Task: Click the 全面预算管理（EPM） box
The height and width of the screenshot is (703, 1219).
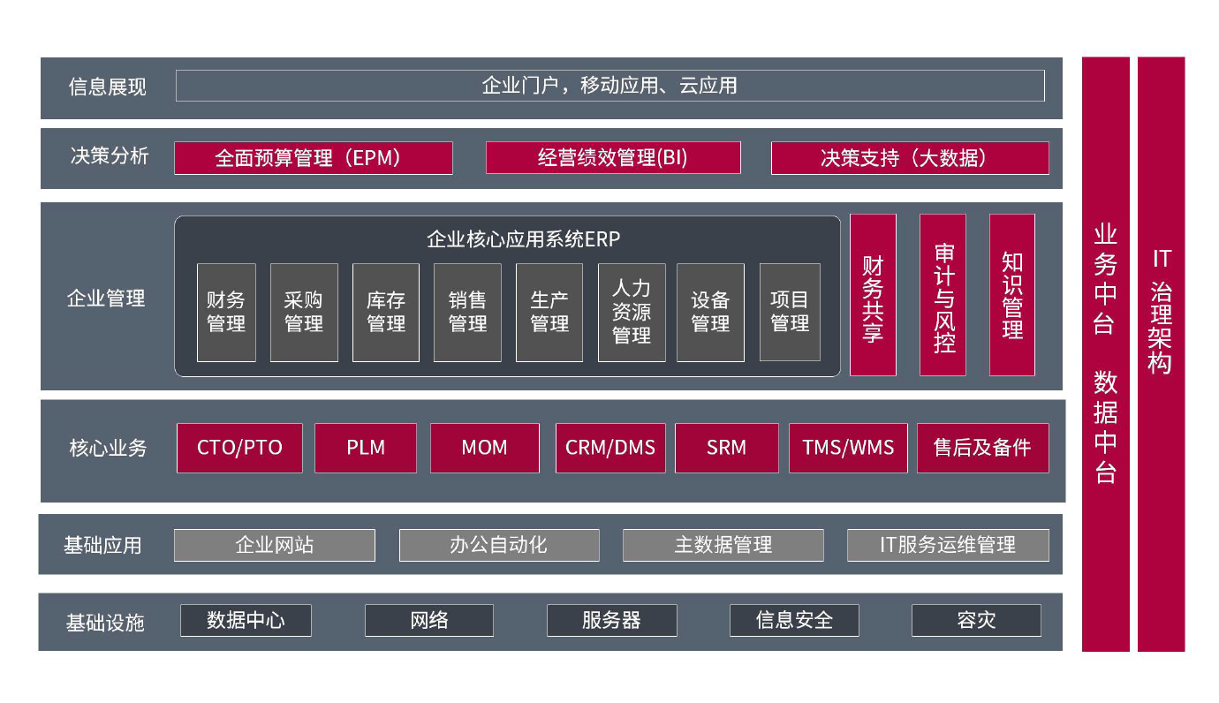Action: coord(314,158)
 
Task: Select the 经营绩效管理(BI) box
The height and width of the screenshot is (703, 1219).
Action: coord(613,158)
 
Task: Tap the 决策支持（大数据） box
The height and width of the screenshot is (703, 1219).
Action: coord(910,158)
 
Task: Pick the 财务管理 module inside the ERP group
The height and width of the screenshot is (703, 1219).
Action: coord(226,312)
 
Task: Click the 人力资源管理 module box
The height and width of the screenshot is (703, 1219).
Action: coord(632,312)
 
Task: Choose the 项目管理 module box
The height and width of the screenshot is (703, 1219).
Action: coord(790,312)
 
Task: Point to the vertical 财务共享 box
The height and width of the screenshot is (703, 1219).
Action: coord(873,295)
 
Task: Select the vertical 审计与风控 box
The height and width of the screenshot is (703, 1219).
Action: coord(943,295)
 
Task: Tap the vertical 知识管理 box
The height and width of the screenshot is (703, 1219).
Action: coord(1012,295)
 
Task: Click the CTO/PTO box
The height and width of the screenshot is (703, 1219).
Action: coord(239,448)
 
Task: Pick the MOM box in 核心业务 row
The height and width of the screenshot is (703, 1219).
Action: coord(485,448)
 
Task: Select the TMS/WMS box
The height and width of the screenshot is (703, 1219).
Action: coord(848,448)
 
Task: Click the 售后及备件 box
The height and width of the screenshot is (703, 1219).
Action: coord(982,448)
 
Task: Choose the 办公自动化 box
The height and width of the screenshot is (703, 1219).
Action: coord(499,545)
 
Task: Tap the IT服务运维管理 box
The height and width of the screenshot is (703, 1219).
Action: coord(948,545)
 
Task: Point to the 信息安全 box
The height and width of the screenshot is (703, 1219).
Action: coord(794,620)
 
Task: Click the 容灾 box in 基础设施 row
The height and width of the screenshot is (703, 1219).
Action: coord(976,620)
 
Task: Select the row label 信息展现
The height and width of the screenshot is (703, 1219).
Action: coord(108,87)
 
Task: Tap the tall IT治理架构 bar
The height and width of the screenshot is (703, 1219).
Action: coord(1161,353)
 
